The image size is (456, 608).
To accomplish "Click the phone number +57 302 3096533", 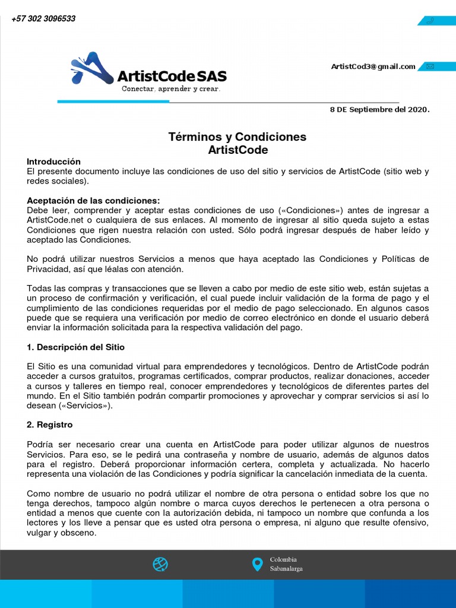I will click(x=43, y=19).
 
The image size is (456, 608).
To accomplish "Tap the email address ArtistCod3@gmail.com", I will click(x=373, y=66).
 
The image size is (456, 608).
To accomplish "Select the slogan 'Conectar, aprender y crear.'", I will click(x=171, y=89).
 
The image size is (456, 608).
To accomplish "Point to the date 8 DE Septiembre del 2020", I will click(x=379, y=110).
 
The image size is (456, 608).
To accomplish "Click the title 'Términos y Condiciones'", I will click(x=237, y=137).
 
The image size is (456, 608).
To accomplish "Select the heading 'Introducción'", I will click(x=53, y=161).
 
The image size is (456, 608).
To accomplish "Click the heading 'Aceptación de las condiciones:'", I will click(x=93, y=201).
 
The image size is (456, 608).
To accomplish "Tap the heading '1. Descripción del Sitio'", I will click(x=76, y=347).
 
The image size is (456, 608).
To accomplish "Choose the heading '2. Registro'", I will click(x=50, y=425).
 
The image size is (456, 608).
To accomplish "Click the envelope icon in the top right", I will click(x=430, y=66).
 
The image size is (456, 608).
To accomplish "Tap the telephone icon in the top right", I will click(x=430, y=21).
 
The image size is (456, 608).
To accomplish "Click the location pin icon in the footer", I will click(x=257, y=564).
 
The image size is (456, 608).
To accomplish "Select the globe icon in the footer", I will click(x=160, y=564).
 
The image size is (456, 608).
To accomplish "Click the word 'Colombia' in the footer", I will click(x=283, y=559).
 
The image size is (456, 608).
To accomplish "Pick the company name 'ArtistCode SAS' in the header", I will click(x=172, y=76).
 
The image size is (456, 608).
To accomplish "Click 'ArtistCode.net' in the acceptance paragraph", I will click(x=55, y=220).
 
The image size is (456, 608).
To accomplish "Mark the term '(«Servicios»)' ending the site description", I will click(x=87, y=406).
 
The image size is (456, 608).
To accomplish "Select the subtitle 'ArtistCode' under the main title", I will click(x=237, y=150).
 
